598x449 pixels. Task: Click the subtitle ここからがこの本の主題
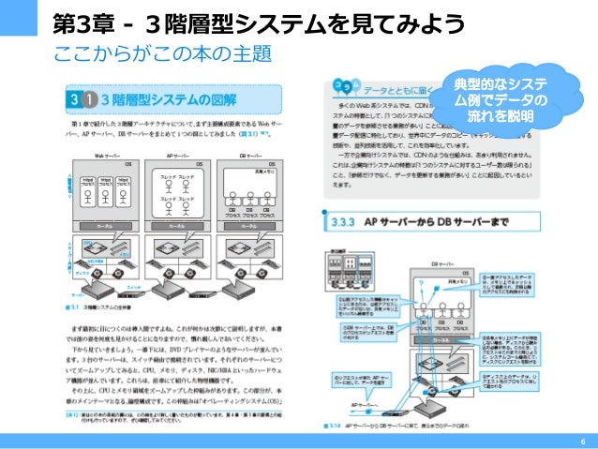pyautogui.click(x=142, y=52)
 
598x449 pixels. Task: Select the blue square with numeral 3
pyautogui.click(x=71, y=97)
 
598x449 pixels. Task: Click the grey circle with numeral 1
pyautogui.click(x=90, y=98)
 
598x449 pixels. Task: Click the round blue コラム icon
pyautogui.click(x=339, y=89)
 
